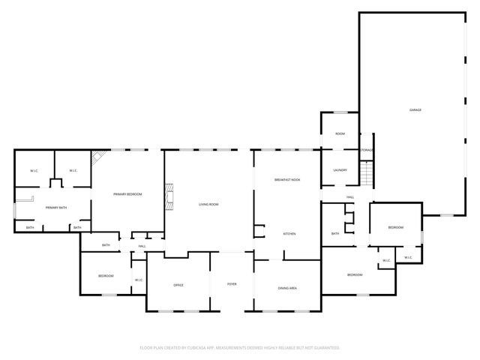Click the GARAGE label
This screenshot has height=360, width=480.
(415, 110)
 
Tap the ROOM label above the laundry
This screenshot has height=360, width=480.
(340, 133)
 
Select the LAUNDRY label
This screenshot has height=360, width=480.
(340, 170)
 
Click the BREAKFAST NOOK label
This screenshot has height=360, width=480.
(287, 180)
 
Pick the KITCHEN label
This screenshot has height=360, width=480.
(289, 234)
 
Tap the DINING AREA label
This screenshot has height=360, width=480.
(288, 288)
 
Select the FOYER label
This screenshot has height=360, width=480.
(232, 285)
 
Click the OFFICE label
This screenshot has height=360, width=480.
(178, 285)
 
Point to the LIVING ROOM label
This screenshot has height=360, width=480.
(208, 204)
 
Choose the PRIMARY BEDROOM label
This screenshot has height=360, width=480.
(127, 194)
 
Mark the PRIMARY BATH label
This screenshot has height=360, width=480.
(56, 208)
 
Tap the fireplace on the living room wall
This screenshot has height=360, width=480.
(171, 197)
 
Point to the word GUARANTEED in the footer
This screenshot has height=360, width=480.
(323, 347)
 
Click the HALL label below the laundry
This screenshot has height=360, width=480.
(350, 197)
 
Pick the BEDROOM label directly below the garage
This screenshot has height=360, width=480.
(395, 227)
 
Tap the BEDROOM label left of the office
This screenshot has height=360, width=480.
(106, 276)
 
